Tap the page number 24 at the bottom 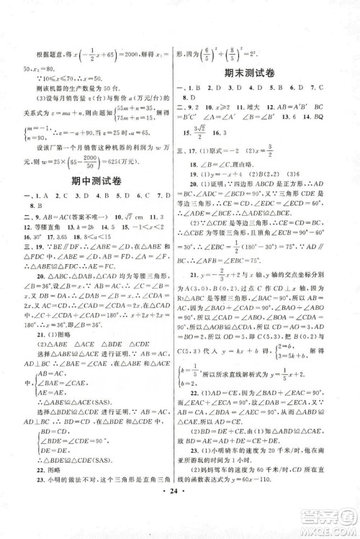pyautogui.click(x=179, y=521)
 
